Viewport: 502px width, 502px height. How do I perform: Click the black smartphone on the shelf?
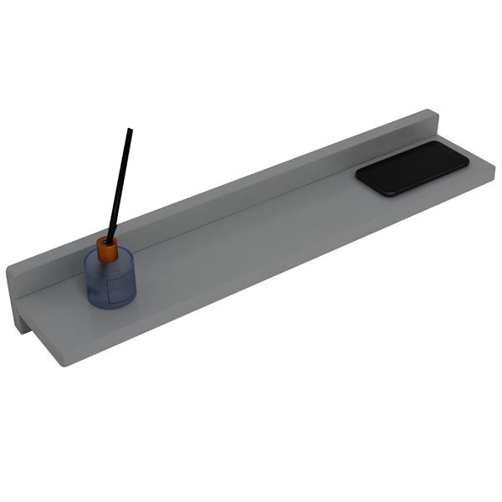coord(412,168)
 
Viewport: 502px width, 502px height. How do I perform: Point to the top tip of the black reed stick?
coord(130,129)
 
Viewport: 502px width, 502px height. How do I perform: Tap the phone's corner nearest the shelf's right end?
coord(465,161)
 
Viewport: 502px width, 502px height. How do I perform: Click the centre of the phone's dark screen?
coord(412,168)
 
